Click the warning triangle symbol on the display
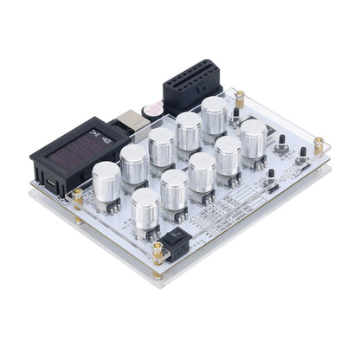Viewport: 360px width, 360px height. click(x=106, y=138)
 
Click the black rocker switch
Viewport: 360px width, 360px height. click(x=176, y=246)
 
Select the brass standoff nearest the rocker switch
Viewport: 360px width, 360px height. click(x=158, y=252)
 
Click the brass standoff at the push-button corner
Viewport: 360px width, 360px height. click(x=319, y=143)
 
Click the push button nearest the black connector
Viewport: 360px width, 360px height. click(x=235, y=114)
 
